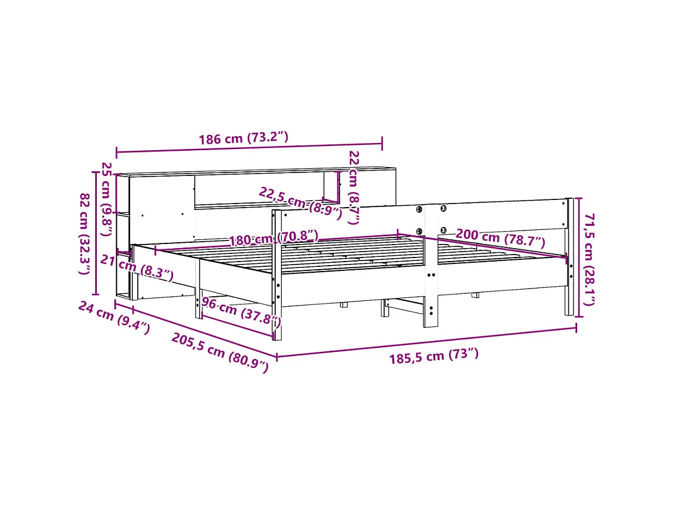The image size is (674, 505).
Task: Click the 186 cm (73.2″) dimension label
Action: (243, 138)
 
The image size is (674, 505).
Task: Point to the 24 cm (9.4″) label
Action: (114, 317)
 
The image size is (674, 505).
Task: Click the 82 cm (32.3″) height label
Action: (84, 234)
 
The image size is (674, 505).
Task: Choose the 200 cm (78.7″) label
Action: (500, 238)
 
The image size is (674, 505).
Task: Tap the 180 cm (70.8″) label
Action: (273, 238)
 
